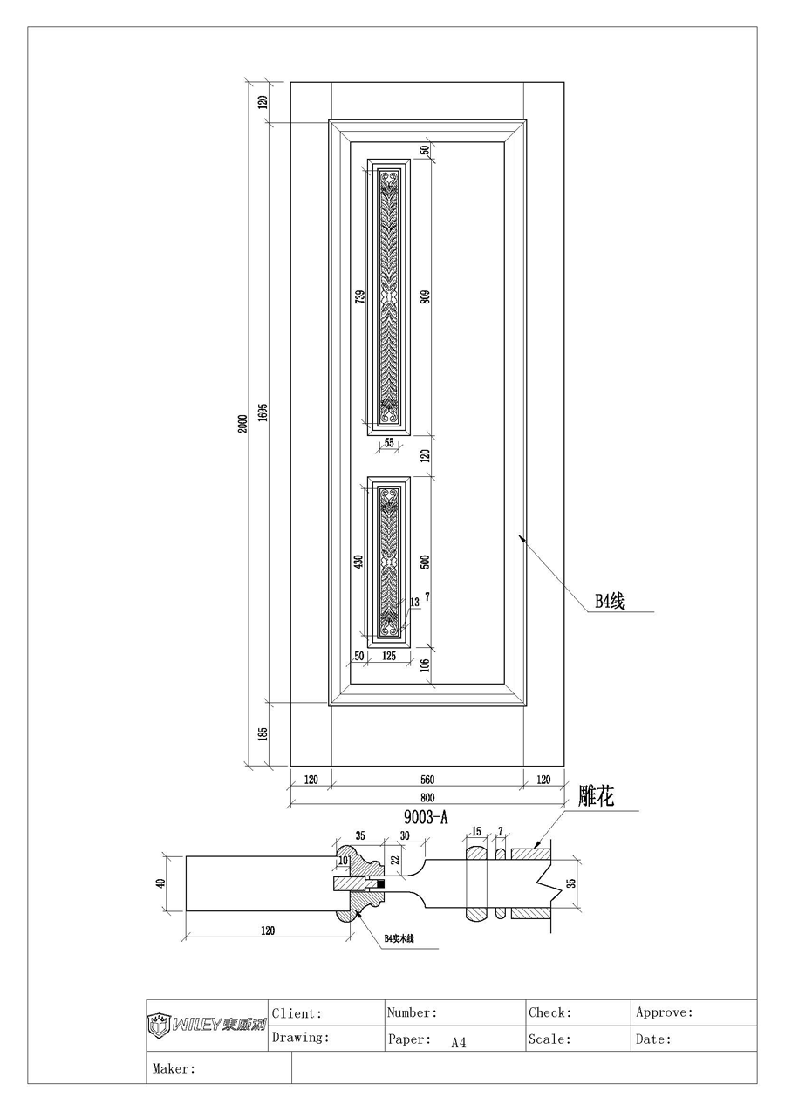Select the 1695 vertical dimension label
point(263,412)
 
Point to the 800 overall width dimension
point(427,797)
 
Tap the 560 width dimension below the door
point(427,780)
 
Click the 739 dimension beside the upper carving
point(359,297)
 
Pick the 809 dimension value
point(425,297)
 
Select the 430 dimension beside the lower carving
point(358,562)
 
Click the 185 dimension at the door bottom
point(263,734)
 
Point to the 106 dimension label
point(425,666)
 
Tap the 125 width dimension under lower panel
point(389,656)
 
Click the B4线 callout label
point(610,601)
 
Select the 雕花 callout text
point(597,796)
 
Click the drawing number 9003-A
point(426,817)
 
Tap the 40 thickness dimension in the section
point(160,883)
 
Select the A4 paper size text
point(459,1042)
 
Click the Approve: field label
point(665,1012)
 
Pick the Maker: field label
point(174,1067)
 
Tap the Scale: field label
point(549,1039)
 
